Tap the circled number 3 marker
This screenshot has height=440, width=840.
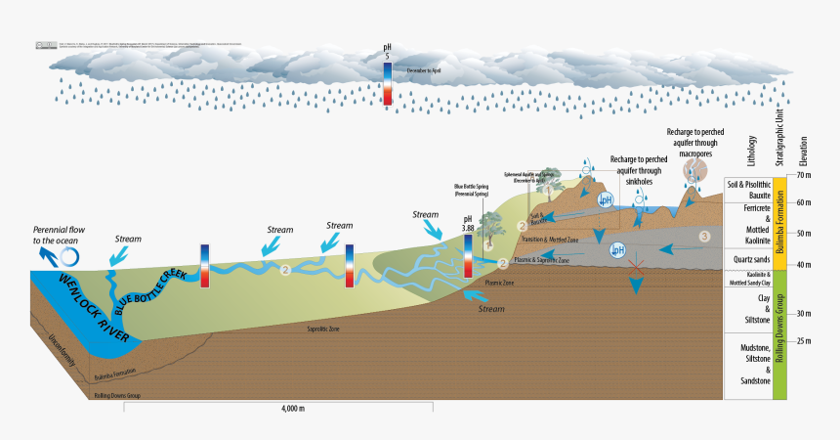pos(704,237)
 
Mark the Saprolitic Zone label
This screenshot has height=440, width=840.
pos(321,330)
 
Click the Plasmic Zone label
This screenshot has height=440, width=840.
pos(500,282)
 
